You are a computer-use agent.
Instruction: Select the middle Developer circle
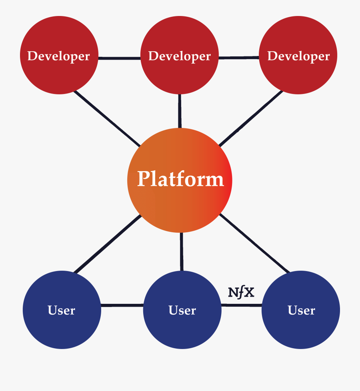click(180, 74)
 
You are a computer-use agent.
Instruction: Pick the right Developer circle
click(298, 74)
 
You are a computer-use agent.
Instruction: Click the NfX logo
click(241, 293)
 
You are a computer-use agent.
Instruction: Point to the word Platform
click(180, 179)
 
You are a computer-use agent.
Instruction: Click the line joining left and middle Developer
click(119, 58)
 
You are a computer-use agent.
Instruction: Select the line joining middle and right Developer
click(239, 58)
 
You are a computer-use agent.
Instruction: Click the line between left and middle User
click(122, 305)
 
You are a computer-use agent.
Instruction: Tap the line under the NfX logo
click(242, 305)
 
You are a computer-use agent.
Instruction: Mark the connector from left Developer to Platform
click(107, 118)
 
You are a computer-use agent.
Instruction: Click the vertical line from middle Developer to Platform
click(180, 111)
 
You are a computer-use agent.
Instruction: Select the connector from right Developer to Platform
click(251, 118)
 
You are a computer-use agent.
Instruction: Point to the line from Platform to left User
click(108, 244)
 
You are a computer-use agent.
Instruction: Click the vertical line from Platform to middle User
click(182, 251)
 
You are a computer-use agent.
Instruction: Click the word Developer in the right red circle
click(298, 56)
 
